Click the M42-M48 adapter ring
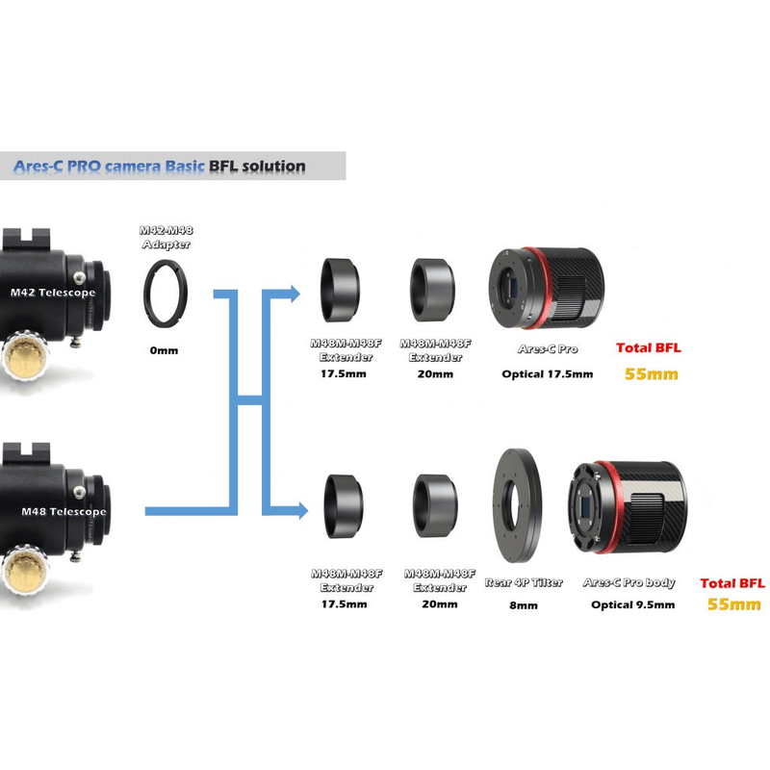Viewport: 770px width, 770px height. (x=165, y=287)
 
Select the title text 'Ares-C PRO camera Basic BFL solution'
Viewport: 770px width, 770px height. (x=159, y=166)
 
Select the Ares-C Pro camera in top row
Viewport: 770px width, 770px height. (x=545, y=288)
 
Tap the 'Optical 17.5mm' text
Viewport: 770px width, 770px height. (x=547, y=373)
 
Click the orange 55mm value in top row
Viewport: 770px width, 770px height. (x=651, y=373)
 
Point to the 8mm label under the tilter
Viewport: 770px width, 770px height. (x=525, y=606)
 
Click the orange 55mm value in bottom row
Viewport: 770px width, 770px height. (x=733, y=604)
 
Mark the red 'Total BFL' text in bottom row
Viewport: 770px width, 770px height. (x=732, y=582)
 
